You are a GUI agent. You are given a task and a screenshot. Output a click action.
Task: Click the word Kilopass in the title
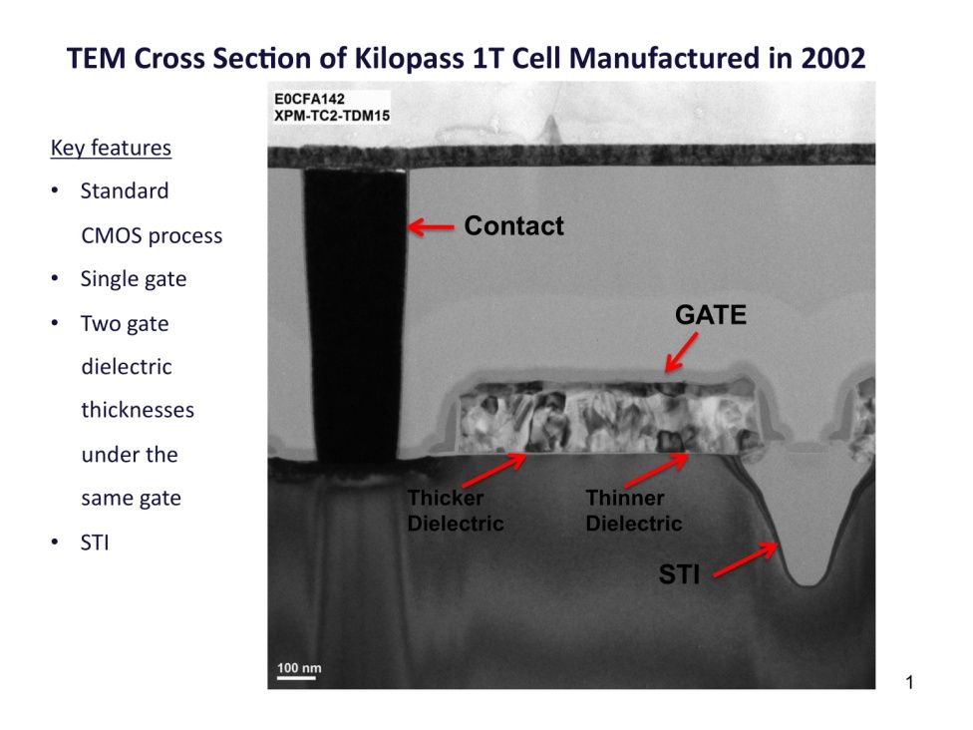(x=409, y=59)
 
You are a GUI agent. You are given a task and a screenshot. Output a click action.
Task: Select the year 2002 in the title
(x=832, y=59)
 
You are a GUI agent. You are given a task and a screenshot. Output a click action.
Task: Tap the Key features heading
(x=111, y=148)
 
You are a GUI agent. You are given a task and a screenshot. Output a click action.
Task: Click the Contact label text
(x=513, y=226)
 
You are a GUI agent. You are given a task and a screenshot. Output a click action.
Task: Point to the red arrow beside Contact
(x=431, y=227)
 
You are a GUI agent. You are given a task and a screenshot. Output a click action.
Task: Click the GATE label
(x=711, y=315)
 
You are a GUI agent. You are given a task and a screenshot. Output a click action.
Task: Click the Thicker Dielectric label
(x=455, y=511)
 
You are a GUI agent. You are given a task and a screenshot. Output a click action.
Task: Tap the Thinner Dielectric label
(x=634, y=511)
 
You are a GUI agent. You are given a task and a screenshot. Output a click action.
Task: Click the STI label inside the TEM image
(x=679, y=574)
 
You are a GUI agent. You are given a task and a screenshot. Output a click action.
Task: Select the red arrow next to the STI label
(x=746, y=559)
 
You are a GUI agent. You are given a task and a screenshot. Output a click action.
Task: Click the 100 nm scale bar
(x=296, y=677)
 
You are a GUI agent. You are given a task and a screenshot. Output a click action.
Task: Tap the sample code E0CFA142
(x=309, y=100)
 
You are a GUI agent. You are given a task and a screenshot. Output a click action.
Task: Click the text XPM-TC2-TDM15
(x=332, y=116)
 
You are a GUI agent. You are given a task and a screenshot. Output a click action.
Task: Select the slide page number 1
(x=910, y=683)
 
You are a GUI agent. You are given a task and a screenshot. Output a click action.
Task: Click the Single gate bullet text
(x=134, y=279)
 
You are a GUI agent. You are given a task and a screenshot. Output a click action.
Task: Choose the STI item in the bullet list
(x=95, y=544)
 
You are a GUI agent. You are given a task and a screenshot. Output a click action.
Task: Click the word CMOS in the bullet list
(x=112, y=236)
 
